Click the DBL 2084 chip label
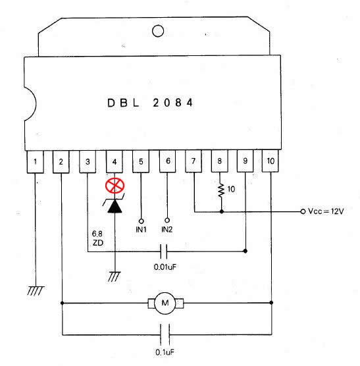coord(150,103)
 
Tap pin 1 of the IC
coord(36,162)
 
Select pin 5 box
coord(141,161)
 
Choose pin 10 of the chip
coord(270,161)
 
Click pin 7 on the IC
coord(193,161)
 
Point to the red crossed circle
coord(115,186)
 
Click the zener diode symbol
coord(115,203)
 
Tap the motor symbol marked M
coord(165,303)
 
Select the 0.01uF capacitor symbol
coord(164,251)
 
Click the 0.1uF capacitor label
coord(165,352)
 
